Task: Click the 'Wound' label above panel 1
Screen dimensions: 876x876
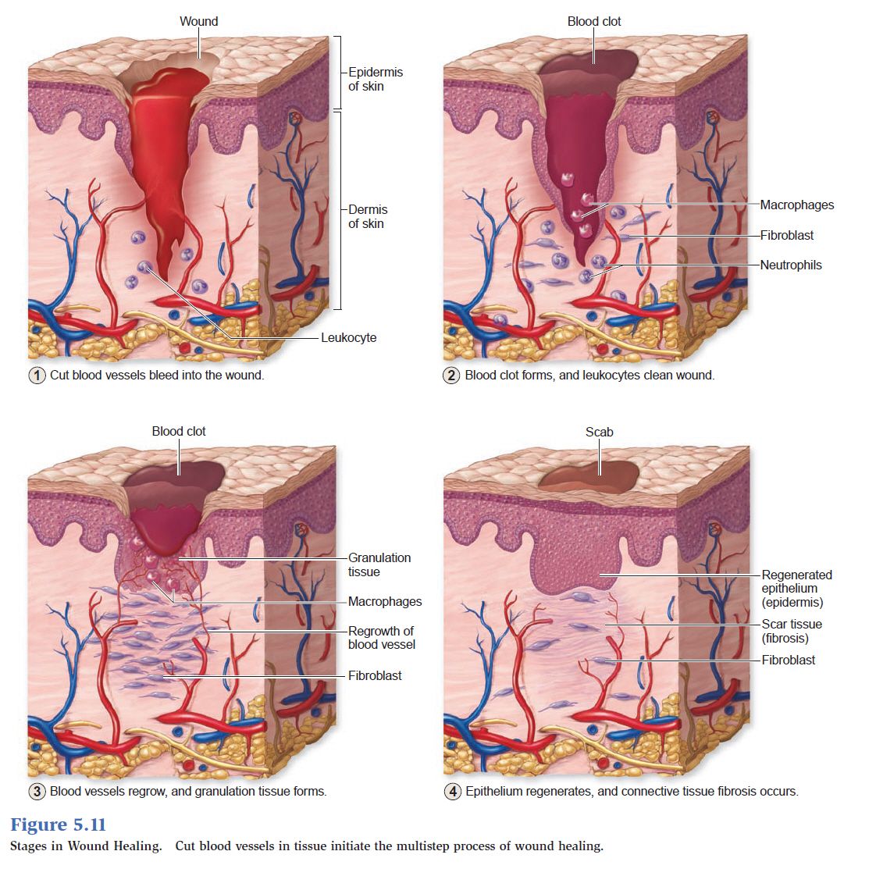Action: coord(198,21)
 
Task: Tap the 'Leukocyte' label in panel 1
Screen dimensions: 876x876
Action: coord(349,337)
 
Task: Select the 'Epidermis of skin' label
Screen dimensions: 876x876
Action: coord(375,79)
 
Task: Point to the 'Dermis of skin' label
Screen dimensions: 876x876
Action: coord(368,216)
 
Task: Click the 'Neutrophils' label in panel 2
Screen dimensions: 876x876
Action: coord(791,265)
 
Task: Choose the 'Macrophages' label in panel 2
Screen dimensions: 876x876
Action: coord(796,205)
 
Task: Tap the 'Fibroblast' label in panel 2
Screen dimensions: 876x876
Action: coord(787,235)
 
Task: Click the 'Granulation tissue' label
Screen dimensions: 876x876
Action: coord(379,564)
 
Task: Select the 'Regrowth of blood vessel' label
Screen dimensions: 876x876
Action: coord(382,637)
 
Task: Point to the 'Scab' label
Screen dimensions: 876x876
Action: coord(599,432)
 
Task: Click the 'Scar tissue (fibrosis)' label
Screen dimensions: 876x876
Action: coord(792,631)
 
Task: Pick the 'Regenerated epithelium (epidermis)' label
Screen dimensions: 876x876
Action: coord(796,588)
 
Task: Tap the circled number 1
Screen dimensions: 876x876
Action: coord(37,375)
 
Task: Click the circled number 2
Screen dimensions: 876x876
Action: coord(451,375)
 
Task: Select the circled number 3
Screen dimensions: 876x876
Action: coord(37,791)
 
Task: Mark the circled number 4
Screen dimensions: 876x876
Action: coord(453,791)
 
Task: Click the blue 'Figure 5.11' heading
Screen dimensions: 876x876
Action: coord(58,824)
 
